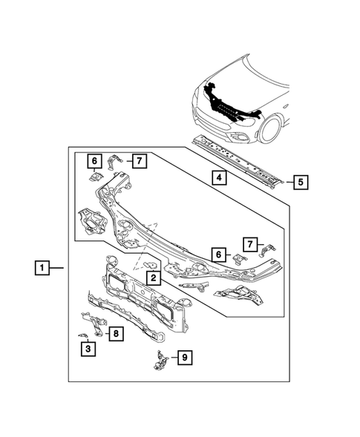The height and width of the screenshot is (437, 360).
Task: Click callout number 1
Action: (x=44, y=267)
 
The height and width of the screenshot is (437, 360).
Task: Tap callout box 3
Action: (x=88, y=349)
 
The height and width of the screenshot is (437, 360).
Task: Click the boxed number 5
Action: (x=300, y=180)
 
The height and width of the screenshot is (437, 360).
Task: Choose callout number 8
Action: (x=116, y=334)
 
